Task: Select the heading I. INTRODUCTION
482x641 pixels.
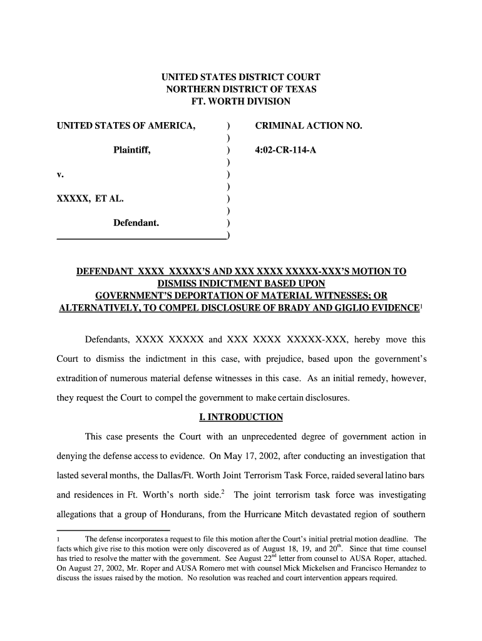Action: point(241,417)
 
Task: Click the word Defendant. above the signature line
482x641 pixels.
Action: point(136,222)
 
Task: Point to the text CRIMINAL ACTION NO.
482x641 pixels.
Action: point(309,126)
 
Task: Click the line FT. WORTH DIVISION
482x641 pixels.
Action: point(241,101)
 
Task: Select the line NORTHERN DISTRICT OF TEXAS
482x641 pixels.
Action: point(241,89)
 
